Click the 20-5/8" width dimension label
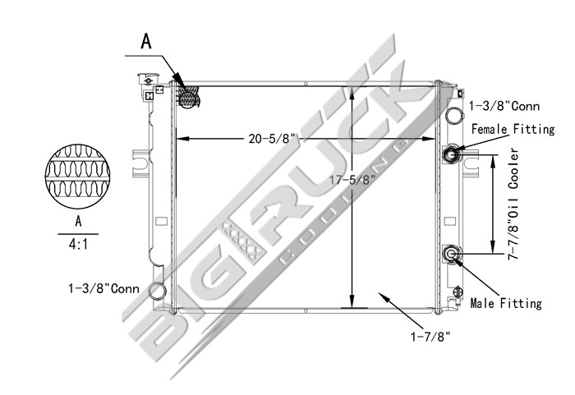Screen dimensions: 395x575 click(x=272, y=139)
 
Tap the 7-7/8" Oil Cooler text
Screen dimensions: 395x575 click(x=515, y=205)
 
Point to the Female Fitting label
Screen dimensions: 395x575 click(x=512, y=129)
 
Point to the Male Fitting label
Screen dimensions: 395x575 click(x=506, y=303)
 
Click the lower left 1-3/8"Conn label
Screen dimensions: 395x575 click(x=104, y=288)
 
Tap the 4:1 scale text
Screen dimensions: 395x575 click(x=79, y=243)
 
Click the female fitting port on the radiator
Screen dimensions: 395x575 click(x=452, y=154)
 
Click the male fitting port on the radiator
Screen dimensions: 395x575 click(x=452, y=255)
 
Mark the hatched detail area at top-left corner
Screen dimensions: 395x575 click(x=188, y=96)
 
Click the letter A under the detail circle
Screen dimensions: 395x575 click(x=79, y=222)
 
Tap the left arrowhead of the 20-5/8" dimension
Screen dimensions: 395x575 click(x=182, y=139)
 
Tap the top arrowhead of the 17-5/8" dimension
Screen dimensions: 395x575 click(x=352, y=88)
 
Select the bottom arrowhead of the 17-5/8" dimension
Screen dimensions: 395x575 click(x=352, y=301)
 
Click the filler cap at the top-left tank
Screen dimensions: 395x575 click(x=149, y=80)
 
